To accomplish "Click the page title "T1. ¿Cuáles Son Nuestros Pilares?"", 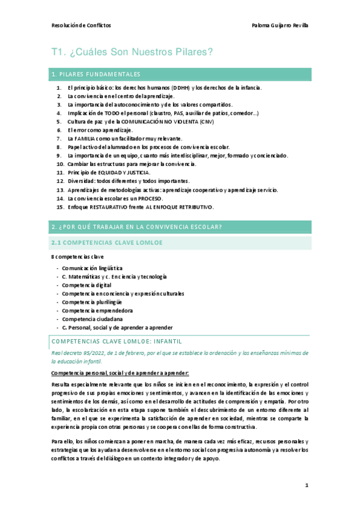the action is coord(133,53).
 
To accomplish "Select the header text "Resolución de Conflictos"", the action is coord(81,26).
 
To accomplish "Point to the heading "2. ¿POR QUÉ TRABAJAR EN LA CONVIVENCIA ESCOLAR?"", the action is coord(137,227).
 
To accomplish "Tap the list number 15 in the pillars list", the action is coord(60,207).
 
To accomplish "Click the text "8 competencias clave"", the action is coord(78,257).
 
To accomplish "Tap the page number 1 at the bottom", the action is coord(306,485).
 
